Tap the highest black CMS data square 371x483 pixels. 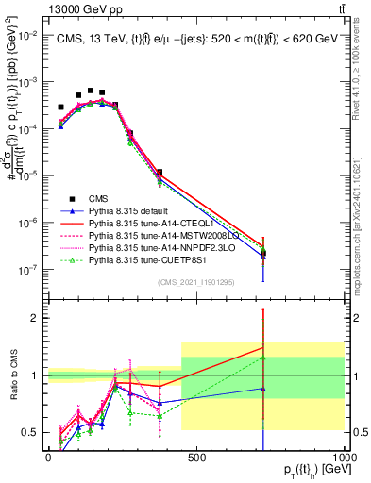(x=91, y=92)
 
